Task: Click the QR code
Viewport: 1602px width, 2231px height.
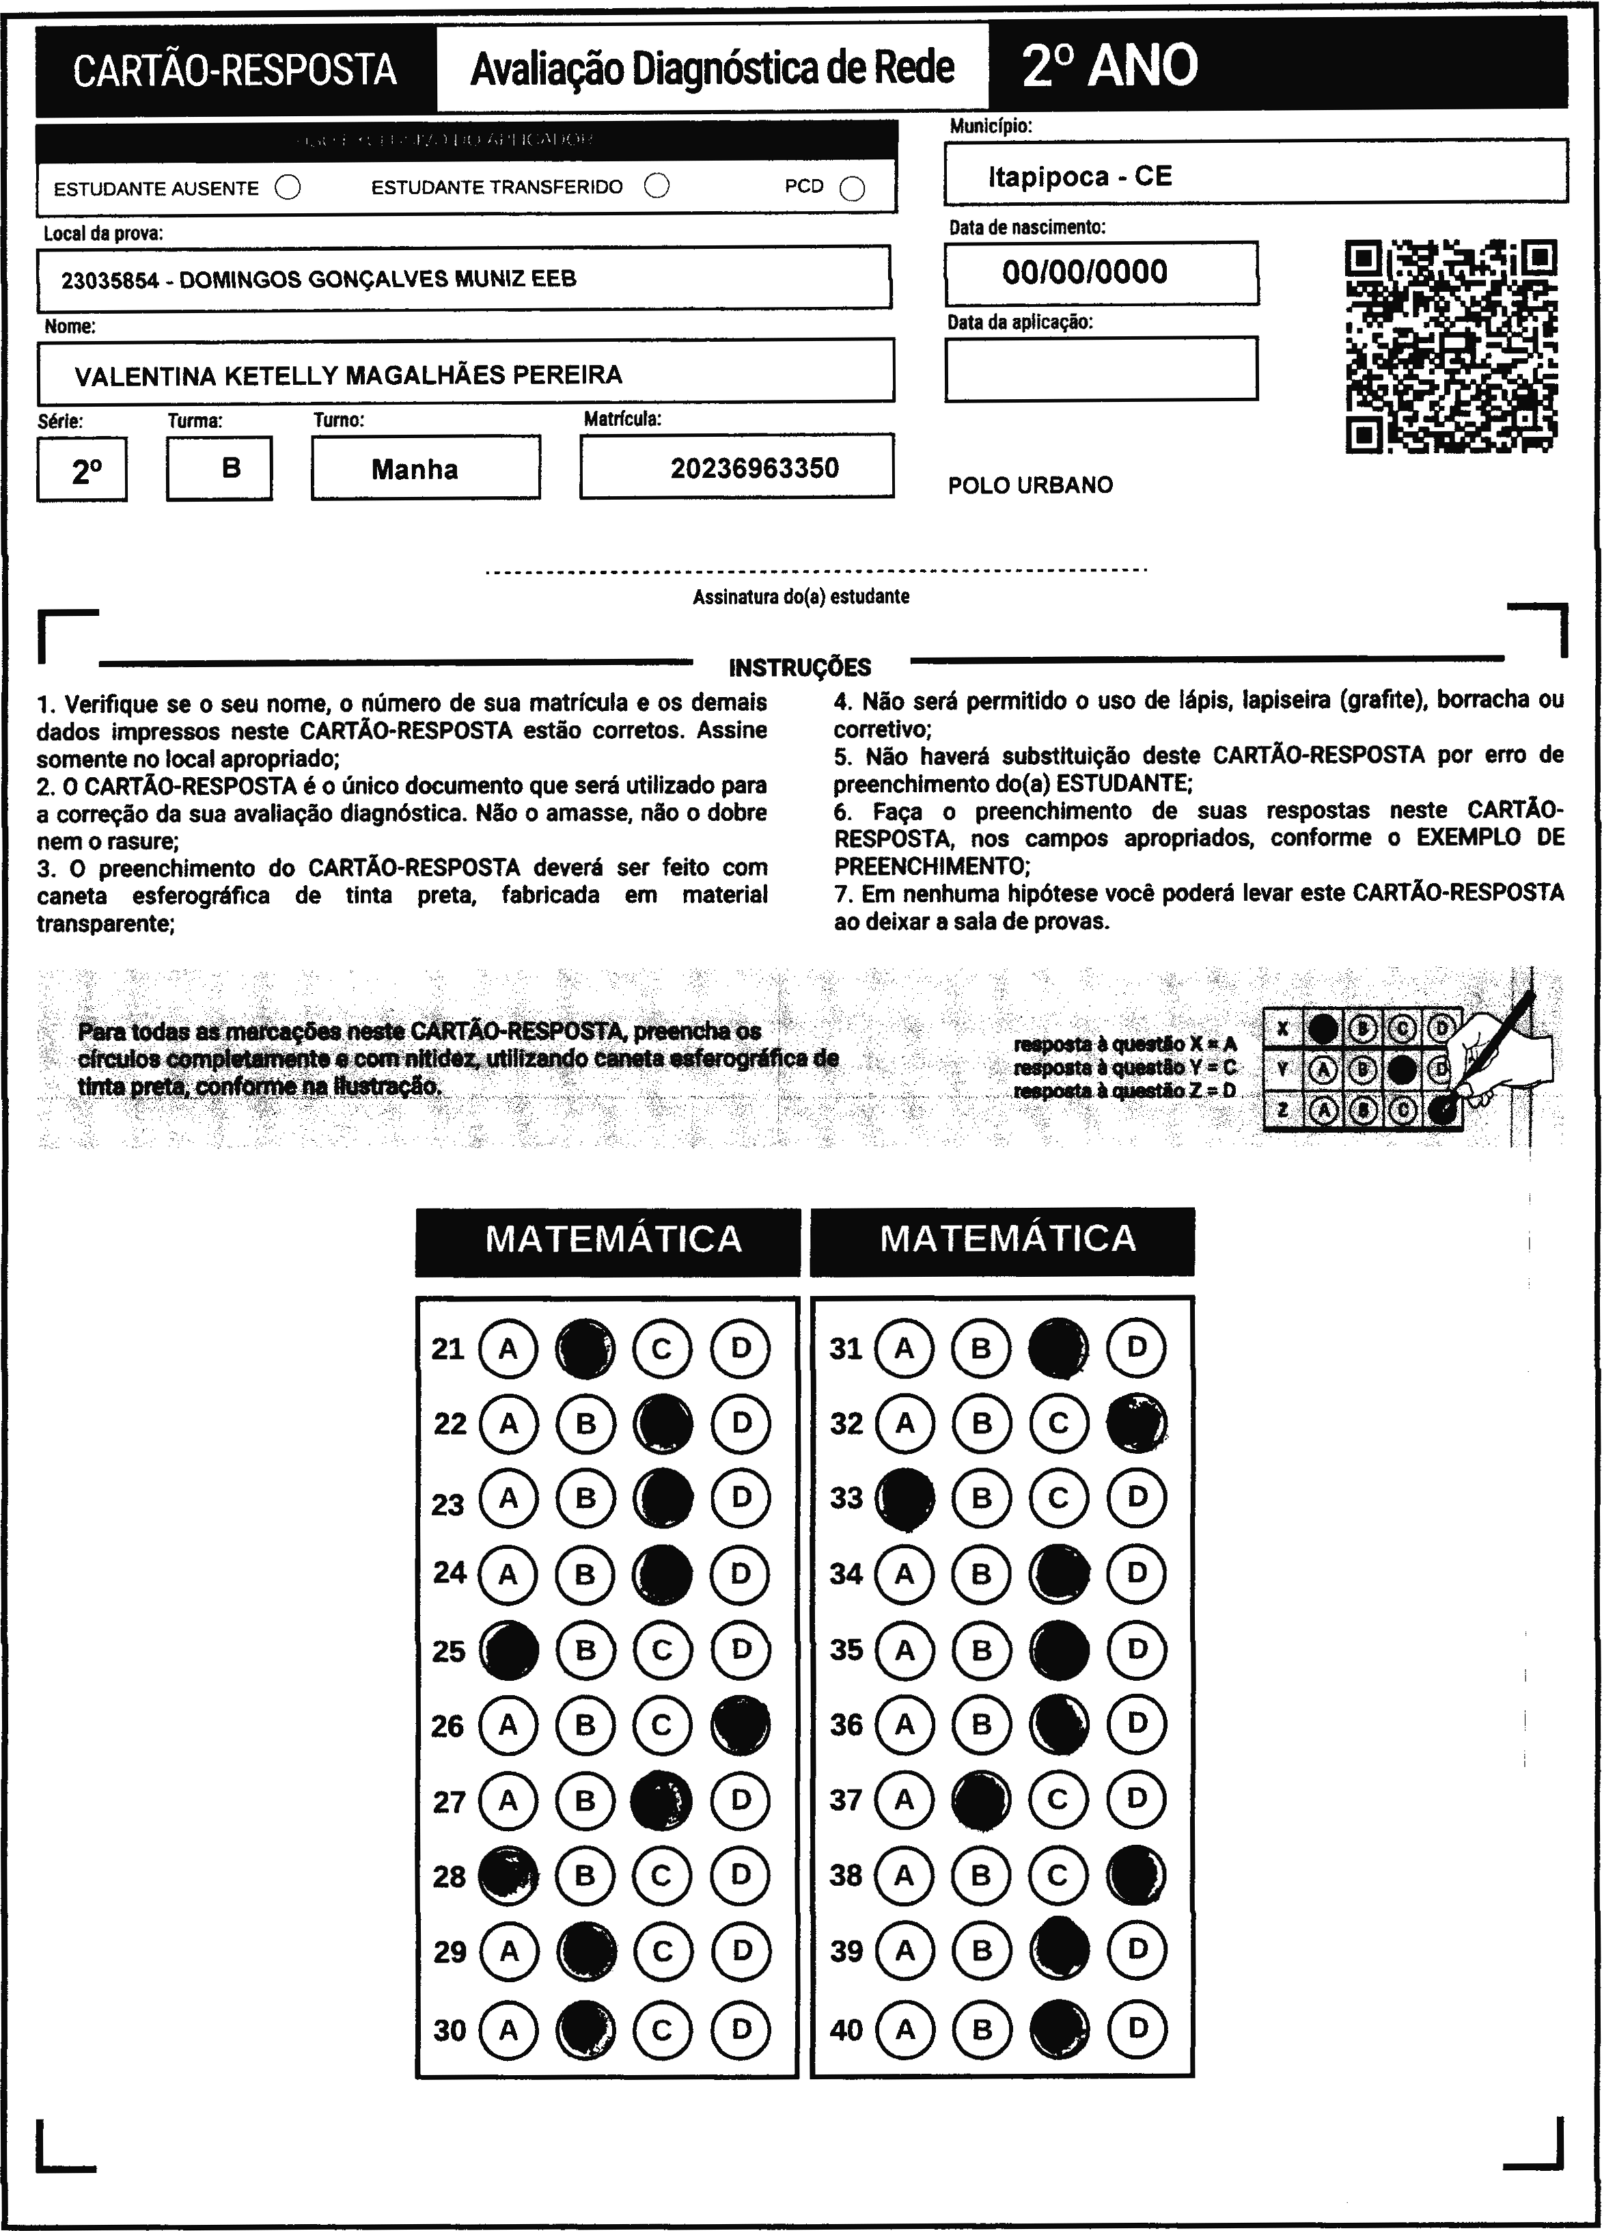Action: pyautogui.click(x=1450, y=347)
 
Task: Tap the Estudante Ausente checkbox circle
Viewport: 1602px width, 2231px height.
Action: pyautogui.click(x=288, y=187)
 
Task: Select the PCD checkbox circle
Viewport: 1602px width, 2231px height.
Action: pyautogui.click(x=853, y=189)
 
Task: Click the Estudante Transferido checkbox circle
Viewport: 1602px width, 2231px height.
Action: pyautogui.click(x=657, y=186)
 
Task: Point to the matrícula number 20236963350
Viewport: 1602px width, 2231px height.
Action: pyautogui.click(x=754, y=468)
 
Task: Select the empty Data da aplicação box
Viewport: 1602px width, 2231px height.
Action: pyautogui.click(x=1101, y=369)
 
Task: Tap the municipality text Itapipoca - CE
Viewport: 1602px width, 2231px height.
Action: pyautogui.click(x=1080, y=176)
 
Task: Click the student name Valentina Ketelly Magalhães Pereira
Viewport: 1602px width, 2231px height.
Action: pyautogui.click(x=348, y=375)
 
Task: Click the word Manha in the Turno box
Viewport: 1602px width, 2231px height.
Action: pyautogui.click(x=414, y=469)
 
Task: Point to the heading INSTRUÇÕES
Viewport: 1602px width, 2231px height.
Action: pyautogui.click(x=799, y=668)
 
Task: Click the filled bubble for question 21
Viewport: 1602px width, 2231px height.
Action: pyautogui.click(x=585, y=1348)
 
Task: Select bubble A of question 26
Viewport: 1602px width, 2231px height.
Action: pyautogui.click(x=508, y=1725)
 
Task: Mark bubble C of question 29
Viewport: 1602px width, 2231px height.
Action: pyautogui.click(x=662, y=1951)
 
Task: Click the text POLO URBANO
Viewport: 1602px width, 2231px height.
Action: pyautogui.click(x=1030, y=485)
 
